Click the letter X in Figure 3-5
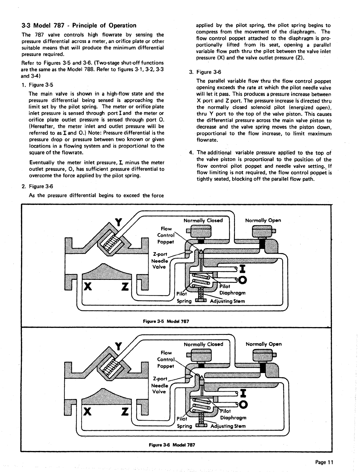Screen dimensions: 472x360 (x=88, y=287)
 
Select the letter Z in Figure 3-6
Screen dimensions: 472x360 (x=124, y=412)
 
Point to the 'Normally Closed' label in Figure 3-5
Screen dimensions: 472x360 (x=203, y=220)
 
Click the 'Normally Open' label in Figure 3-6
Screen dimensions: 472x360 (x=264, y=344)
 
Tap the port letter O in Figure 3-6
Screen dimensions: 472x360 (x=243, y=404)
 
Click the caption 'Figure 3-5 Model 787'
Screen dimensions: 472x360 (x=166, y=321)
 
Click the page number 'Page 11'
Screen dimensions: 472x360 (x=324, y=462)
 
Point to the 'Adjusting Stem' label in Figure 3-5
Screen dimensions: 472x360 (x=227, y=301)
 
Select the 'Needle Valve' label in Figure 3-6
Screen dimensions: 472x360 (x=159, y=389)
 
